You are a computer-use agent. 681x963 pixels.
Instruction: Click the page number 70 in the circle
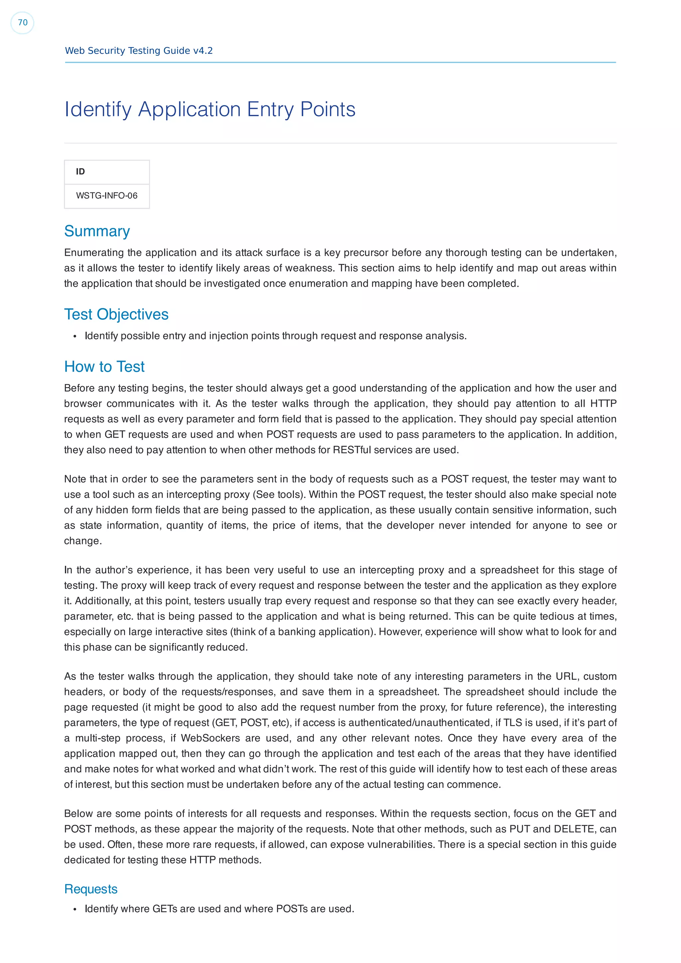point(23,23)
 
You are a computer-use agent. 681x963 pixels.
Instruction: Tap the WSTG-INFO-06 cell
point(107,196)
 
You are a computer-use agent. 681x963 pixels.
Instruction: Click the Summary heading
point(97,231)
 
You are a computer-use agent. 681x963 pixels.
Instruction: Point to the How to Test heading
point(104,367)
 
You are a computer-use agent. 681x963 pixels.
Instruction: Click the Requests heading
point(91,889)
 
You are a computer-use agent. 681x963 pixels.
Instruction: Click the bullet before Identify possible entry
point(75,336)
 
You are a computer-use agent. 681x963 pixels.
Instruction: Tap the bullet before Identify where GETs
point(75,909)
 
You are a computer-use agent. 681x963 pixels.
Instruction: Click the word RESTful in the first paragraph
point(351,450)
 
